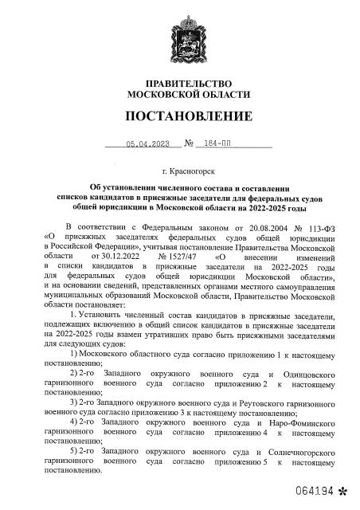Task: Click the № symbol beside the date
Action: [x=190, y=144]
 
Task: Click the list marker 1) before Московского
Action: [x=76, y=352]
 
